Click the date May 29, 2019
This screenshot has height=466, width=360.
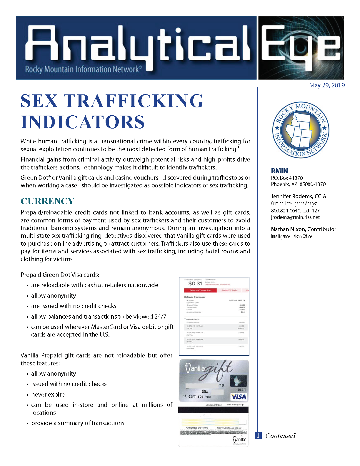pyautogui.click(x=327, y=85)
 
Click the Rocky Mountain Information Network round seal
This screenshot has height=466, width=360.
pyautogui.click(x=301, y=130)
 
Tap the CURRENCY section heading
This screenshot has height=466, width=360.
pyautogui.click(x=47, y=201)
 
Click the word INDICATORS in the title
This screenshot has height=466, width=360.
pyautogui.click(x=83, y=122)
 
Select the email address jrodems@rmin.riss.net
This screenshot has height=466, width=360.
pyautogui.click(x=295, y=217)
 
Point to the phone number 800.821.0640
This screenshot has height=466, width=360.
pyautogui.click(x=286, y=211)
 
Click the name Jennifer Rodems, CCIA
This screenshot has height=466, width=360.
pyautogui.click(x=299, y=196)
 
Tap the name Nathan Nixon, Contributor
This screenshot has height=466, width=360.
pyautogui.click(x=304, y=229)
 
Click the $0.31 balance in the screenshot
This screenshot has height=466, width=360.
pyautogui.click(x=195, y=284)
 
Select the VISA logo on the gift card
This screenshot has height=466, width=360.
pyautogui.click(x=239, y=397)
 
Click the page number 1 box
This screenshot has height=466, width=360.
pyautogui.click(x=258, y=436)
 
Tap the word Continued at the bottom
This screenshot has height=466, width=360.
pyautogui.click(x=280, y=436)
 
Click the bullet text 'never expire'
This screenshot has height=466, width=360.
pyautogui.click(x=48, y=395)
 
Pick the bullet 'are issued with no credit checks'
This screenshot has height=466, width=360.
pyautogui.click(x=74, y=306)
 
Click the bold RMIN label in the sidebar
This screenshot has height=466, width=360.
pyautogui.click(x=279, y=171)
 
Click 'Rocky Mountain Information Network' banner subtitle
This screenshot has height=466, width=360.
pyautogui.click(x=83, y=69)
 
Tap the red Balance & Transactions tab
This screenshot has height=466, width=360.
pyautogui.click(x=200, y=290)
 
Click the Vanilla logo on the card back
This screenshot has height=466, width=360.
pyautogui.click(x=239, y=440)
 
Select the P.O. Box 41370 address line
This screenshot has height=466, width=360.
pyautogui.click(x=287, y=178)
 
